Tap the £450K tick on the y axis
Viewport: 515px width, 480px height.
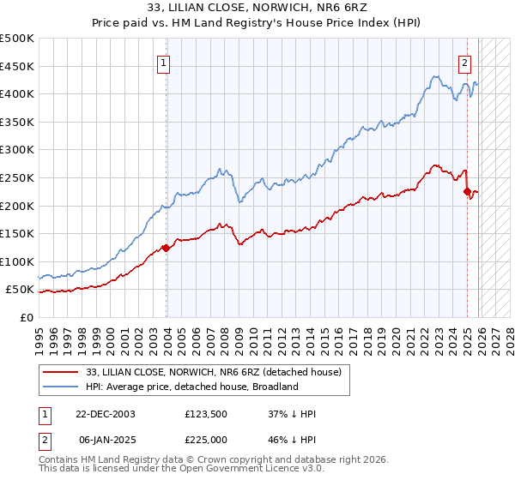tap(17, 66)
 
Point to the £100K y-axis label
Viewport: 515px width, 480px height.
tap(17, 261)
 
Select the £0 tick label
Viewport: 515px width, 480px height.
tap(26, 317)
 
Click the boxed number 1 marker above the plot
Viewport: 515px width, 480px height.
tap(164, 62)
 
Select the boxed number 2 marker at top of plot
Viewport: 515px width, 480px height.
tap(464, 62)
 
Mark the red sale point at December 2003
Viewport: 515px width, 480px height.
tap(166, 248)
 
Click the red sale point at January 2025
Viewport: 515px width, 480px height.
tap(467, 191)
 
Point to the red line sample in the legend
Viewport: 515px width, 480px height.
tap(61, 372)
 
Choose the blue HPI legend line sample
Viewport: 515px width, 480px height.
tap(61, 387)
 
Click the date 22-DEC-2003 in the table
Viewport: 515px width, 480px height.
tap(106, 414)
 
